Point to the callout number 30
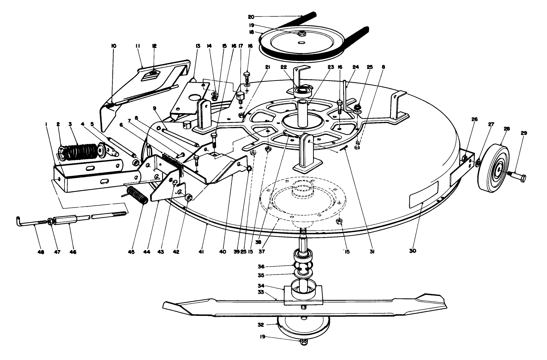click(x=413, y=251)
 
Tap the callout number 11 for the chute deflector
click(x=138, y=46)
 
